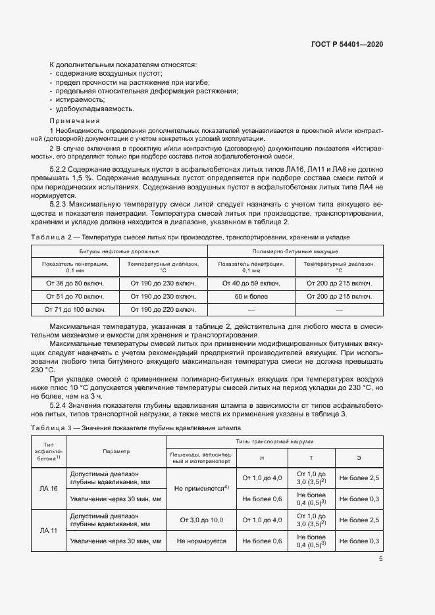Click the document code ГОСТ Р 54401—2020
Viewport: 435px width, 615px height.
coord(346,44)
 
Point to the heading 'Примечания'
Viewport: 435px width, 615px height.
coord(74,121)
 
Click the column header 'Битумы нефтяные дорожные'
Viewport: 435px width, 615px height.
coord(119,252)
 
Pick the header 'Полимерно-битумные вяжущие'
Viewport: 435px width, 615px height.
coord(295,252)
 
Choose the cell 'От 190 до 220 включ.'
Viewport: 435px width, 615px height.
coord(163,308)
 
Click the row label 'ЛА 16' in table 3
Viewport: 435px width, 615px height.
coord(49,488)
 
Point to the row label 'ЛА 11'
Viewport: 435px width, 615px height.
coord(49,530)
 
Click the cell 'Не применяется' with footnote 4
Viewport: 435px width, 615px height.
coord(201,488)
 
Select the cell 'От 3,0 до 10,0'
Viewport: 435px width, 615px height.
coord(201,520)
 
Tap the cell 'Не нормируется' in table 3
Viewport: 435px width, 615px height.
coord(201,541)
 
